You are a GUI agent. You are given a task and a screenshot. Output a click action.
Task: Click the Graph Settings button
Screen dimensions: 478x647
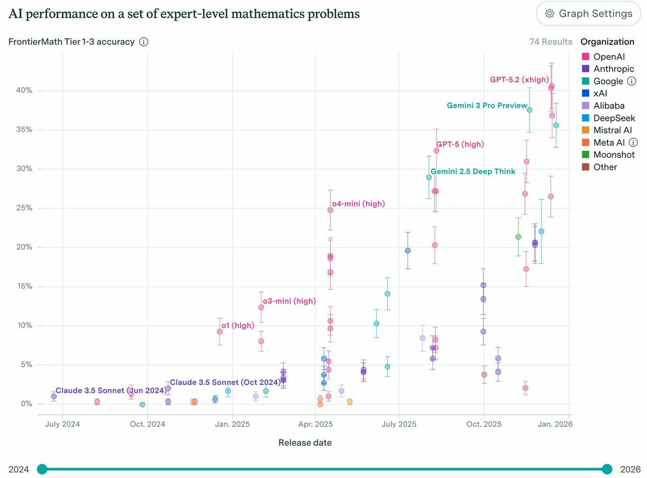[588, 14]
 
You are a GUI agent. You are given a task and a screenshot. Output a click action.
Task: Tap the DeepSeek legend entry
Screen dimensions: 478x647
[614, 118]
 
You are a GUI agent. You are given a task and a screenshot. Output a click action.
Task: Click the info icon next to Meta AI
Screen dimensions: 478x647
[633, 142]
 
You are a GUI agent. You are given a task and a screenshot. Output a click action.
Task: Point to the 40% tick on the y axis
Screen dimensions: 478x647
[23, 90]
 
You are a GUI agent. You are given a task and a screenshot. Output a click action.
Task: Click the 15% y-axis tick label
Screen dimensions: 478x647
[23, 286]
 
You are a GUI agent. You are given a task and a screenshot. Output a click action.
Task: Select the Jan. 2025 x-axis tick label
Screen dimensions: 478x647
[232, 424]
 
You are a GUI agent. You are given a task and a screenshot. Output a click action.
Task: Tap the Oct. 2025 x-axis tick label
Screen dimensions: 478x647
[484, 424]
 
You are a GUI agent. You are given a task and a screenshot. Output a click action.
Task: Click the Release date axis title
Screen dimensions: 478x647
[305, 442]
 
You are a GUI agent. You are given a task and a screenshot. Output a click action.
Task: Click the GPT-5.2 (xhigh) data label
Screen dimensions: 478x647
[519, 80]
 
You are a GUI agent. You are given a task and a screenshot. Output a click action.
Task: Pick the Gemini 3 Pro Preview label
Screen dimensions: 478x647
[486, 106]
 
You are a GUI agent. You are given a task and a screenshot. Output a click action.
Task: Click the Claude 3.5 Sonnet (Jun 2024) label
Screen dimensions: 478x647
[111, 391]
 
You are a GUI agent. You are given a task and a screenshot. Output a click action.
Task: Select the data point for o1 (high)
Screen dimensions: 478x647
[220, 332]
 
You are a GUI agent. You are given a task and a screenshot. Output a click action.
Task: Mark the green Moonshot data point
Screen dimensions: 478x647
[518, 237]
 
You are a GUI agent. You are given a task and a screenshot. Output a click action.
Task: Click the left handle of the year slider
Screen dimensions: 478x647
[42, 469]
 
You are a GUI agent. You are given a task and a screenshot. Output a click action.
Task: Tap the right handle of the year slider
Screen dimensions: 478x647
[607, 469]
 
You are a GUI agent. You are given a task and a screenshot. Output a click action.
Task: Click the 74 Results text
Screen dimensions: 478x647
[551, 42]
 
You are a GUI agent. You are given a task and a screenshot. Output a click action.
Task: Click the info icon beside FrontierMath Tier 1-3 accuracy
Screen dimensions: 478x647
[144, 42]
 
